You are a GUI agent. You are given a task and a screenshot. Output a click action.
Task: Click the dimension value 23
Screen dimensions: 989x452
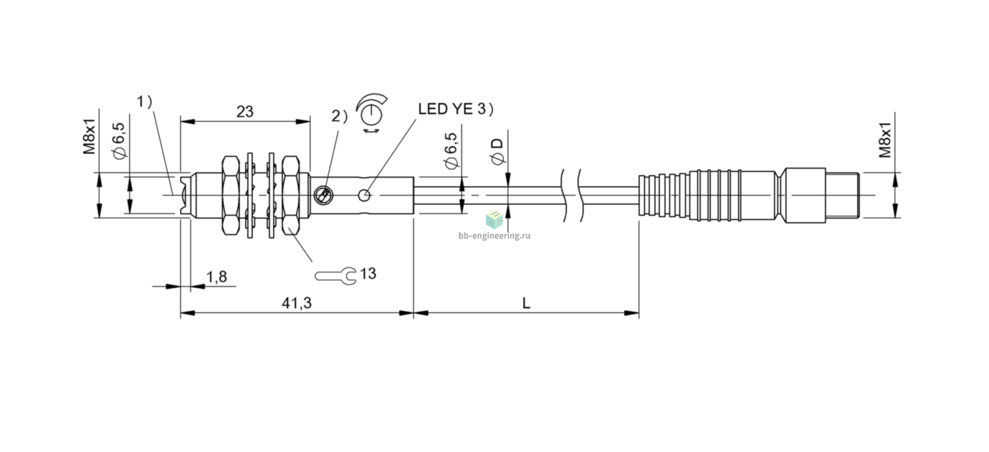point(244,112)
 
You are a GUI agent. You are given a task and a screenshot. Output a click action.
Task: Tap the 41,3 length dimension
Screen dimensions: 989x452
point(297,303)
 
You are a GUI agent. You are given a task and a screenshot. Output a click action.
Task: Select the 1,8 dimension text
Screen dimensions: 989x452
point(216,277)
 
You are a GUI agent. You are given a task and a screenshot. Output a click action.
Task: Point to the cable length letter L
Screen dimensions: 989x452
point(526,303)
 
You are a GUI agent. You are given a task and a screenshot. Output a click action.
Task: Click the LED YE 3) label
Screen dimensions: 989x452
point(456,109)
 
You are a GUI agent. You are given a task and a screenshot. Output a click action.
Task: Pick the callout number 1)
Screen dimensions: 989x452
point(144,102)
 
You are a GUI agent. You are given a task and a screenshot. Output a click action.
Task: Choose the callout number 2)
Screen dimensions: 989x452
point(340,116)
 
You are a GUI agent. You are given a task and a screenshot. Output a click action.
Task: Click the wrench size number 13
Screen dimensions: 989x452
point(368,274)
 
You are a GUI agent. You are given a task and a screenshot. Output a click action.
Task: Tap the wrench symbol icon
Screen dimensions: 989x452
point(335,276)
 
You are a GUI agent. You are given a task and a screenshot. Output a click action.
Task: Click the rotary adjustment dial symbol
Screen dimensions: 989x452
point(371,113)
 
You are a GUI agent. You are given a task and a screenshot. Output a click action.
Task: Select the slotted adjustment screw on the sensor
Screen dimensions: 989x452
point(323,196)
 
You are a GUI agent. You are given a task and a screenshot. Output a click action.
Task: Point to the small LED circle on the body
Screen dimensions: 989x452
point(364,195)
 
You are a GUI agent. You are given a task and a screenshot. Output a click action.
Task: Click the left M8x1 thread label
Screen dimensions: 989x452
point(90,136)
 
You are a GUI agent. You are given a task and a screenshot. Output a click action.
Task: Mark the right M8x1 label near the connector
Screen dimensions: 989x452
point(885,140)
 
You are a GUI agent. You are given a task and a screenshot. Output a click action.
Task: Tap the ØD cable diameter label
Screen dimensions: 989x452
point(497,151)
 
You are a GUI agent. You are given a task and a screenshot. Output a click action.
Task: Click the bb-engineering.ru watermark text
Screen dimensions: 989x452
point(494,236)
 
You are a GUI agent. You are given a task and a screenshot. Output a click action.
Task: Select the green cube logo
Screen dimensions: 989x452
point(494,219)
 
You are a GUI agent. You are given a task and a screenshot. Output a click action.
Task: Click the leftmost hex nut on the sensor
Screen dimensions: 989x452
point(231,195)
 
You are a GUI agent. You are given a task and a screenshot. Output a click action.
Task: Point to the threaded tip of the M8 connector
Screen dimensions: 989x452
point(842,195)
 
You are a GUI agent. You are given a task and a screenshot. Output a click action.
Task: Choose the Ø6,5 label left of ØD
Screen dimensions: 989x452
point(451,150)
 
